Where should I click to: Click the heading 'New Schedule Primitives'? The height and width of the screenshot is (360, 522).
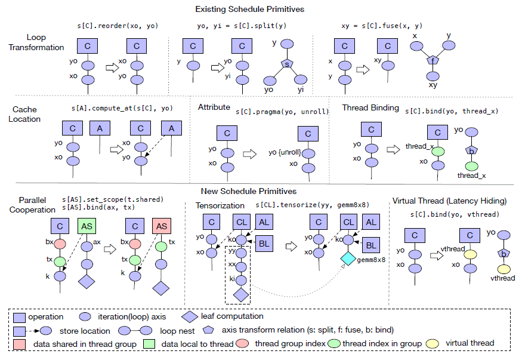[x=257, y=192]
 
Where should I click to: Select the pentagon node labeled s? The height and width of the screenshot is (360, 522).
[x=287, y=63]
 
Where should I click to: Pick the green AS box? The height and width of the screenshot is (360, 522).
[x=86, y=226]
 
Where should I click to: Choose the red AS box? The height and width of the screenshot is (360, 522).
[x=161, y=226]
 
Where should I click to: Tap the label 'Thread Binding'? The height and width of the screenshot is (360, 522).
[x=370, y=108]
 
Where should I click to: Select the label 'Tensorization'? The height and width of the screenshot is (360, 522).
[x=220, y=205]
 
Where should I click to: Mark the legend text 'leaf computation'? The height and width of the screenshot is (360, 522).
[x=233, y=316]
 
